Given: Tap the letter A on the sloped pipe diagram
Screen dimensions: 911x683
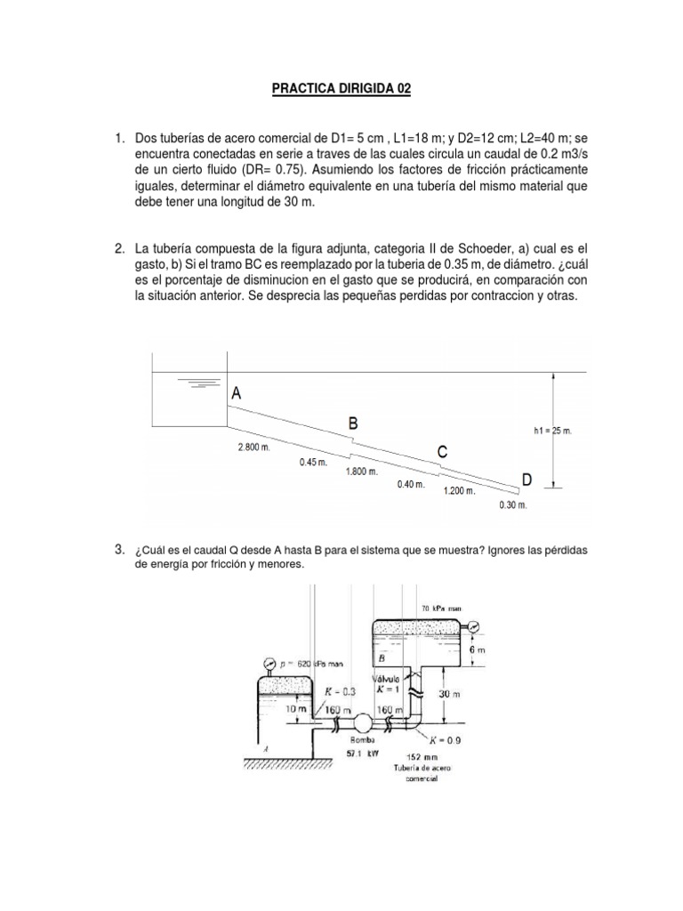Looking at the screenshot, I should tap(237, 391).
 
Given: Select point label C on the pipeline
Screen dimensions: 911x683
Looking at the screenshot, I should tap(442, 452).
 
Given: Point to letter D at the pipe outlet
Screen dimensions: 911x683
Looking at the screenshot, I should tap(526, 480).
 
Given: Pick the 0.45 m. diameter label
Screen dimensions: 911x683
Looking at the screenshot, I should tap(313, 462).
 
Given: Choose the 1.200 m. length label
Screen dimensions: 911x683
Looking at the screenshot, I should tap(460, 491).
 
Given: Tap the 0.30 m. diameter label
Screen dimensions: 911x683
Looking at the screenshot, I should tap(513, 505).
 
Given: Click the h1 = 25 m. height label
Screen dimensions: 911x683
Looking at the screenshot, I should tap(552, 431).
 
